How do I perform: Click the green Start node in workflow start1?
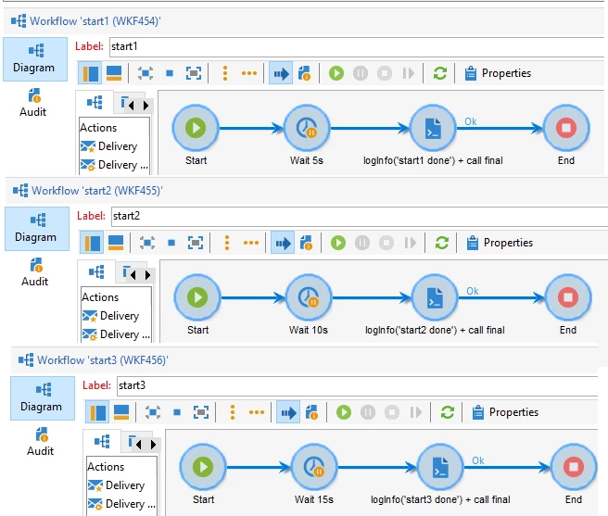click(196, 129)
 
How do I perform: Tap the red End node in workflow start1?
click(566, 129)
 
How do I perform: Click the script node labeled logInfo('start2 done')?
click(435, 298)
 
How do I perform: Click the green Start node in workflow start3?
click(203, 468)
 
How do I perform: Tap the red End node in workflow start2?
click(568, 298)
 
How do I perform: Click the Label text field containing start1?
click(352, 46)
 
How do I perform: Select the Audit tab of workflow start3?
click(40, 441)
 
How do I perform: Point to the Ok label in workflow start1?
click(471, 120)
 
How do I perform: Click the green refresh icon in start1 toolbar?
click(440, 73)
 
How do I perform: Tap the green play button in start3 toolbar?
click(343, 412)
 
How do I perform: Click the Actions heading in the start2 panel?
click(100, 297)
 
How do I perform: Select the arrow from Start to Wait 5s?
click(250, 129)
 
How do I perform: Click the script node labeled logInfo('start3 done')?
click(440, 468)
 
